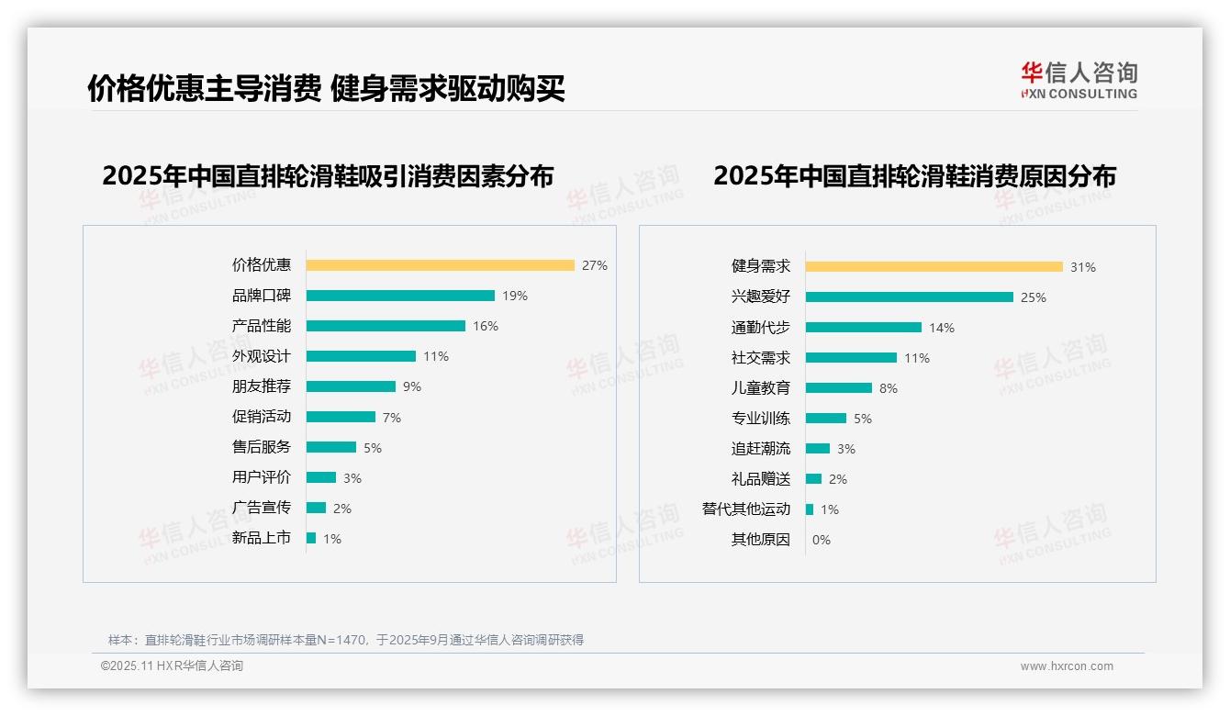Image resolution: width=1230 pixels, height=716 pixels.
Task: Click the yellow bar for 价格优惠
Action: point(440,265)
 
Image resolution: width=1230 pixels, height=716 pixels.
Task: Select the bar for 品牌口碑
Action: point(400,296)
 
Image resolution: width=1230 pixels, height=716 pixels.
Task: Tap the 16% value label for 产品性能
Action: point(486,326)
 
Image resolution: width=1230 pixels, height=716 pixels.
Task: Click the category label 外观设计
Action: point(261,356)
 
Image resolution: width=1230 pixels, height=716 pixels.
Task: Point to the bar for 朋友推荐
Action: point(351,386)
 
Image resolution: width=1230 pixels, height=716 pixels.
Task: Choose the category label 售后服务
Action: point(261,447)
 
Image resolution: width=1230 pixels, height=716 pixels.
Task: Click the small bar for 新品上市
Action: point(311,538)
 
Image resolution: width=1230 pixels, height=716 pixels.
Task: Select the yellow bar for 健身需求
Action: point(934,267)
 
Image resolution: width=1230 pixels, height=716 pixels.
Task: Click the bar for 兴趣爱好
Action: point(910,297)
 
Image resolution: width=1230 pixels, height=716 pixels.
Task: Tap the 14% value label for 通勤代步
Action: point(942,328)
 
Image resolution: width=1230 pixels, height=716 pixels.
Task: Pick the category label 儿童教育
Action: point(760,388)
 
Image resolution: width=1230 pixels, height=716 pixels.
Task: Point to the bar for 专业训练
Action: point(826,419)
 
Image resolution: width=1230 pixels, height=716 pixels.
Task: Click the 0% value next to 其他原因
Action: point(822,540)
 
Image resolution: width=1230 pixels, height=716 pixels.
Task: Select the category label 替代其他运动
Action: point(745,509)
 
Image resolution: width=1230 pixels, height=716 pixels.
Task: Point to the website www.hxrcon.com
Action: point(1067,666)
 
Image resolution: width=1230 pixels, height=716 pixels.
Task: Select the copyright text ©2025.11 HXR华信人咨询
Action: point(172,666)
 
